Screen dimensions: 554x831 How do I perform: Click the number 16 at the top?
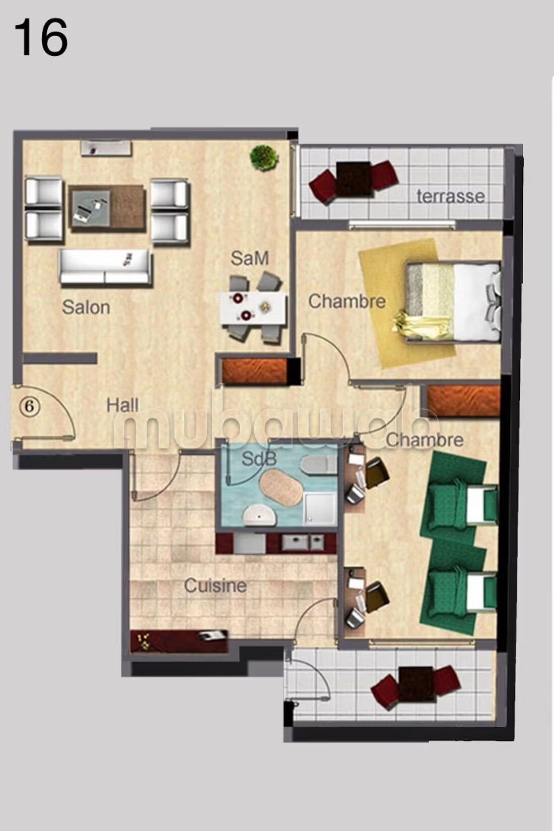pos(41,38)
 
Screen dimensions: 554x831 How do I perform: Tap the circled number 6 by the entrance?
pos(30,406)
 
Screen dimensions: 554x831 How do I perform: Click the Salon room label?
pos(86,308)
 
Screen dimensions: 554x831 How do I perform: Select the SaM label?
pos(249,258)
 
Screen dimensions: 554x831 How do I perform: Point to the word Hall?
pos(122,405)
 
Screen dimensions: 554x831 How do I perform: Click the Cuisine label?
pos(216,586)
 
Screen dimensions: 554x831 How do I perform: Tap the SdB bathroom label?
pos(259,460)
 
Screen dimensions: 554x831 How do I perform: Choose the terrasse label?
pos(450,196)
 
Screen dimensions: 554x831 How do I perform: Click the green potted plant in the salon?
pos(264,158)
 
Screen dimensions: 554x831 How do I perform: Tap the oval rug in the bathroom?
pos(281,486)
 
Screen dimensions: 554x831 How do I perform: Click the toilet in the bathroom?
pos(319,465)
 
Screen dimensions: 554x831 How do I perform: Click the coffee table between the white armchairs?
pos(107,208)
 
